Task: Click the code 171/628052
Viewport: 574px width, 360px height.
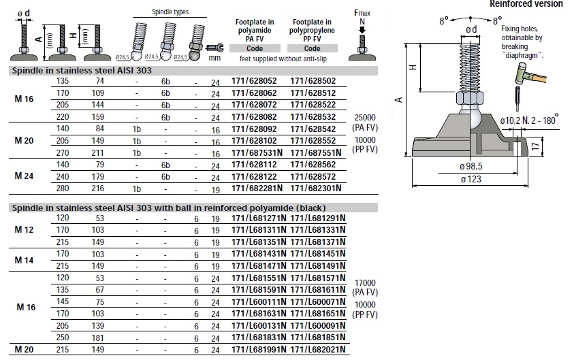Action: tap(255, 80)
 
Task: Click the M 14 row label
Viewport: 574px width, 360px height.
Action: tap(24, 260)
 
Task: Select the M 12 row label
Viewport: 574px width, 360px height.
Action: tap(24, 230)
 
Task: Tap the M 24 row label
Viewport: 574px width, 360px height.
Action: tap(24, 175)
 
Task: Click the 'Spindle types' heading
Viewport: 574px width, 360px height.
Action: tap(170, 12)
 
